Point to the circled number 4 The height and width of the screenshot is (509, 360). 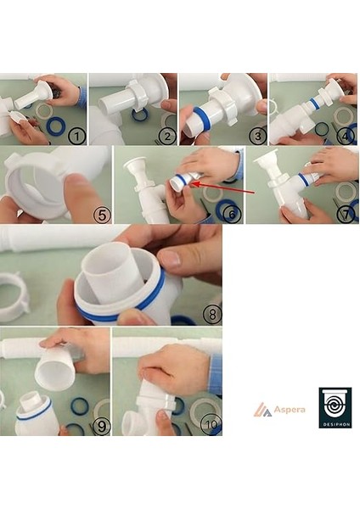(x=344, y=136)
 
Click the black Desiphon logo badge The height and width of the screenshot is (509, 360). (x=335, y=408)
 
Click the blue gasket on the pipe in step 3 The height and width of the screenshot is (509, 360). (x=199, y=115)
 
